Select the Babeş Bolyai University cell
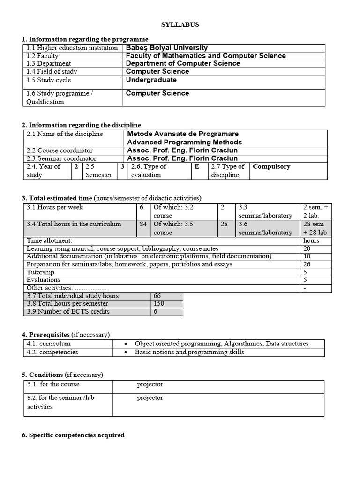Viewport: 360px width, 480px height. tap(167, 48)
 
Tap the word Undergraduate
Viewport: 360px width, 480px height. tap(151, 80)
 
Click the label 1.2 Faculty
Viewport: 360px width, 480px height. tap(45, 56)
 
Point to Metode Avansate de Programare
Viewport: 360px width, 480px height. tap(183, 134)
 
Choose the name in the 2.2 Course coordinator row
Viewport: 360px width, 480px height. tap(182, 150)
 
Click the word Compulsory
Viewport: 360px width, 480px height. tap(271, 166)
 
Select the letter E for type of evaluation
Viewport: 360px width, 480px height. tap(197, 166)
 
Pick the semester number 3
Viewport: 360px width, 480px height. tap(122, 166)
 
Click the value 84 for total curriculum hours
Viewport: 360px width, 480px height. tap(143, 224)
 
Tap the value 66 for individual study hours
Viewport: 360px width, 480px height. tap(157, 296)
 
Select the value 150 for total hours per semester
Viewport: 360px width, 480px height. tap(158, 304)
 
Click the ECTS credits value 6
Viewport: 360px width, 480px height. tap(155, 312)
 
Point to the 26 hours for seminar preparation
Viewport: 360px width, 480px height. tap(307, 264)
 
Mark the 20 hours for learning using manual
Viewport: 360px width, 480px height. tap(307, 248)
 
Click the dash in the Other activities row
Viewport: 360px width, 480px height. tap(305, 288)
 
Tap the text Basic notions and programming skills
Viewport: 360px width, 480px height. tap(189, 352)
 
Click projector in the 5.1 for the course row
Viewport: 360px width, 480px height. tap(150, 384)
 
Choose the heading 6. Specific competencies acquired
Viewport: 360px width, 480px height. tap(73, 435)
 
